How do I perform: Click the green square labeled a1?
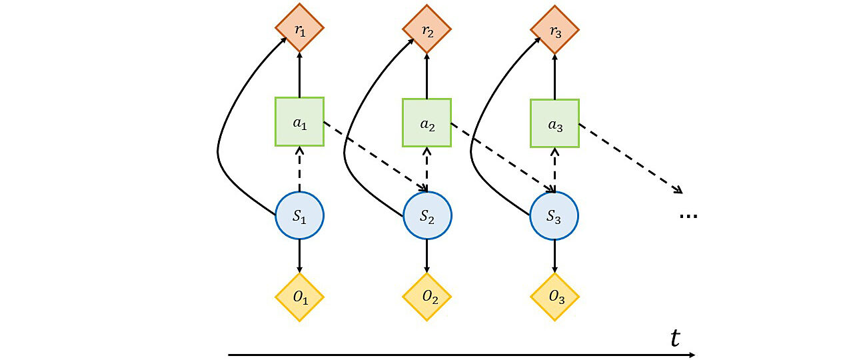(x=299, y=122)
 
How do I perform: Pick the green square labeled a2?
(x=426, y=122)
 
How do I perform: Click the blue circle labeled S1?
(x=299, y=216)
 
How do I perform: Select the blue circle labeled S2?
(x=426, y=216)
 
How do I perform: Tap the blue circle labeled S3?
(x=554, y=216)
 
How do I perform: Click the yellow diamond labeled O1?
(x=299, y=297)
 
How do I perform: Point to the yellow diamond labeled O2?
(x=426, y=297)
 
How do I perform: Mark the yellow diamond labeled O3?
(x=554, y=297)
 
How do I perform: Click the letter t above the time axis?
(x=675, y=338)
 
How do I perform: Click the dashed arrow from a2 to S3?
(x=503, y=157)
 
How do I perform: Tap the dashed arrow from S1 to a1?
(x=299, y=169)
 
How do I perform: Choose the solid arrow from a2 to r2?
(x=426, y=76)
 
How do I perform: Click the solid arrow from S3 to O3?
(x=554, y=256)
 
